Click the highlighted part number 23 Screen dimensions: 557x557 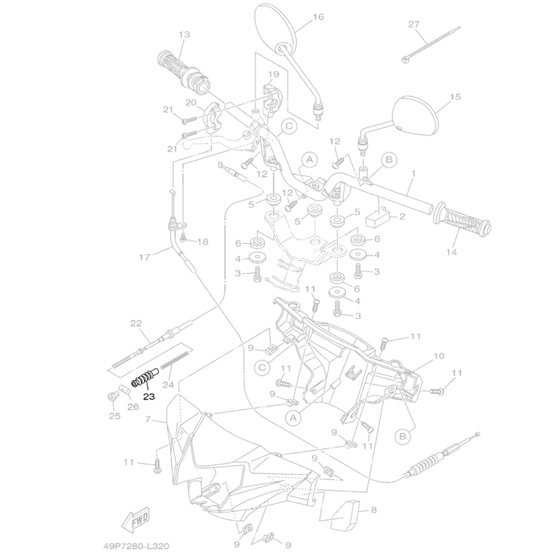point(149,396)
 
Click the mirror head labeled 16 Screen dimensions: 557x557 point(275,28)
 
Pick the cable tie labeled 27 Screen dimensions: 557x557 point(430,45)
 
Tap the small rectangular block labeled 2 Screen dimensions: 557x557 point(378,217)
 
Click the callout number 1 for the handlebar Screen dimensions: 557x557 point(414,173)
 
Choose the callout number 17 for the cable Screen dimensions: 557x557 point(145,257)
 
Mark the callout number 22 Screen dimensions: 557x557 point(136,323)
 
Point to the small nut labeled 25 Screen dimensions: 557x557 point(112,395)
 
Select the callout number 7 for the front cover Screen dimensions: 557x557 point(148,419)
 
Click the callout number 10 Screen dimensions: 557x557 point(439,356)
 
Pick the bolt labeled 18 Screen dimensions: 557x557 point(183,237)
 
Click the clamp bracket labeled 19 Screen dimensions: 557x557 point(272,97)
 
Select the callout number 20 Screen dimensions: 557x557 point(191,102)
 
